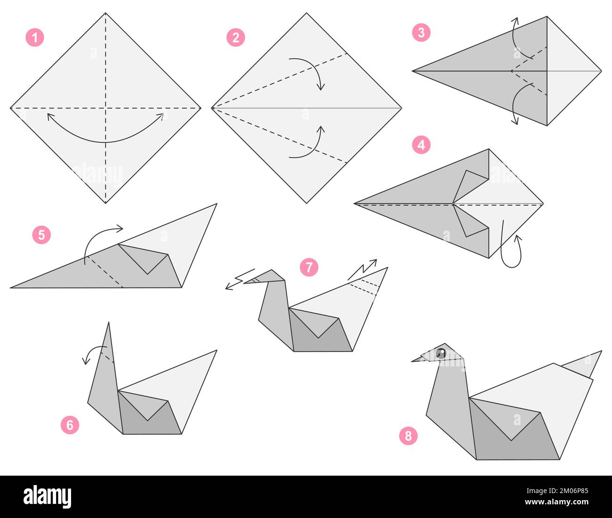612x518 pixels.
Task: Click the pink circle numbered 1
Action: pyautogui.click(x=34, y=37)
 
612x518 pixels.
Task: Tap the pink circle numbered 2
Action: pyautogui.click(x=235, y=37)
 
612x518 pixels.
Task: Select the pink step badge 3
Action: pyautogui.click(x=421, y=32)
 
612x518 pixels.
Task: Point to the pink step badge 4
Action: pyautogui.click(x=421, y=144)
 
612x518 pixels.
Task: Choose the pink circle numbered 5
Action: pyautogui.click(x=41, y=234)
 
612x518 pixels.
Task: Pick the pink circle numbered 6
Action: pyautogui.click(x=70, y=425)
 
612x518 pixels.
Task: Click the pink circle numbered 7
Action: pyautogui.click(x=309, y=267)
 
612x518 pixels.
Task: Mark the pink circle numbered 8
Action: pyautogui.click(x=408, y=436)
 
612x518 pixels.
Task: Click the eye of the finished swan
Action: pyautogui.click(x=441, y=353)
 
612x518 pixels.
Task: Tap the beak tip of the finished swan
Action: pyautogui.click(x=413, y=361)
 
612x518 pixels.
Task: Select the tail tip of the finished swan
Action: pyautogui.click(x=601, y=351)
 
